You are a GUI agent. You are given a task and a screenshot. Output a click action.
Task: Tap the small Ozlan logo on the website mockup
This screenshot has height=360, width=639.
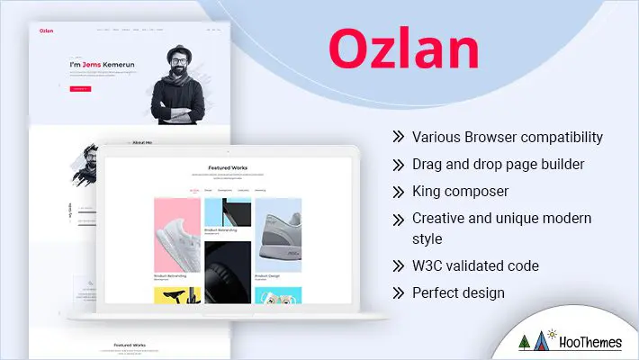point(46,31)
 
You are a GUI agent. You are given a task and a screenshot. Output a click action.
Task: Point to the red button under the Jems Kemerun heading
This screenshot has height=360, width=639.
point(79,88)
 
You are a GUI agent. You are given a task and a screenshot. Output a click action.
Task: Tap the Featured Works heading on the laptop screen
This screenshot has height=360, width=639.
point(228,167)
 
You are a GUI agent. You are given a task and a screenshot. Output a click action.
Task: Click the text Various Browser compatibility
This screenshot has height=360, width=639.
point(507,138)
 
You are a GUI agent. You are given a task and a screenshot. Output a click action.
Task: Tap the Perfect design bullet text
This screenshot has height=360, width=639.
point(458,292)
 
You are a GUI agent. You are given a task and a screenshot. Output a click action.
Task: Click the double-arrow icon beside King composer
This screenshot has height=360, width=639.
point(398,191)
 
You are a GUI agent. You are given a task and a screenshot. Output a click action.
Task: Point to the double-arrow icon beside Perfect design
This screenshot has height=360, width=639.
point(398,293)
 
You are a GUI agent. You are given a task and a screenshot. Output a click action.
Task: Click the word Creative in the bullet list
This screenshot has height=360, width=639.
point(438,218)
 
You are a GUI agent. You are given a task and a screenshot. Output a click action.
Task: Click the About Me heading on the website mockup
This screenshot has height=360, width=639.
point(142,142)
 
